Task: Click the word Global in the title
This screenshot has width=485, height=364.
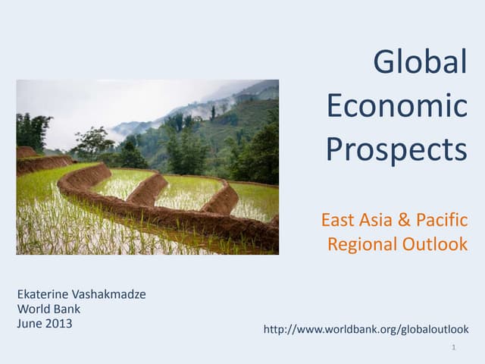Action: coord(420,62)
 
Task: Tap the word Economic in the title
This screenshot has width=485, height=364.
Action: coord(396,105)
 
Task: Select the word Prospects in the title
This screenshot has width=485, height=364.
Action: coord(396,149)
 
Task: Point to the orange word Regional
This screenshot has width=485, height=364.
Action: coord(362,244)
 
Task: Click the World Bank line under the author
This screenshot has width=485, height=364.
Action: coord(48,309)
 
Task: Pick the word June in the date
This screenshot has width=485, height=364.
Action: coord(29,323)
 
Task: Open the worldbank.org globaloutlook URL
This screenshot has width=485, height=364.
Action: coord(365,329)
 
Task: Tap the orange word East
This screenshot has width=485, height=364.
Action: coord(337,221)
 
